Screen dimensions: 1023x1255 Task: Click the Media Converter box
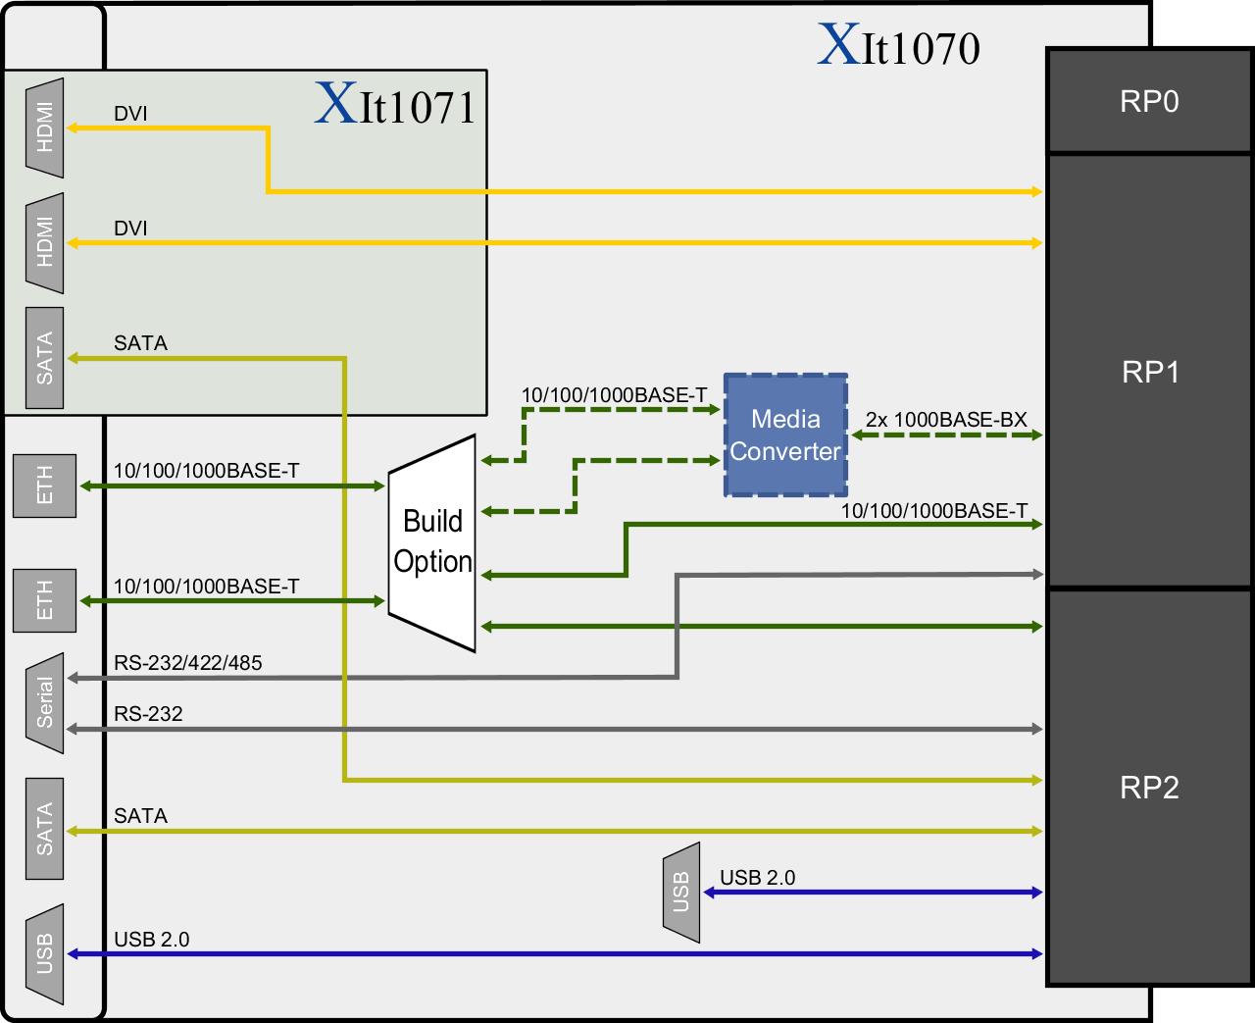(x=785, y=435)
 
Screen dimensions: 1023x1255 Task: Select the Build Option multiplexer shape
(x=432, y=542)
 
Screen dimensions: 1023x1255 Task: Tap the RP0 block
(x=1149, y=101)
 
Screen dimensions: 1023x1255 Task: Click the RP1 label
(x=1150, y=372)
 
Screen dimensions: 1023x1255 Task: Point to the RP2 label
(x=1149, y=787)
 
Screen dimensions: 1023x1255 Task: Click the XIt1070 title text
(x=899, y=47)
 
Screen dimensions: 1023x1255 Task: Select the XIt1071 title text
(x=395, y=105)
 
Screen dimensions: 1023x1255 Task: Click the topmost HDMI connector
(x=45, y=128)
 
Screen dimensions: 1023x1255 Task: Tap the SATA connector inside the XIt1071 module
(x=45, y=358)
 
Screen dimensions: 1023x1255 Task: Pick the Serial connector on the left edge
(x=45, y=702)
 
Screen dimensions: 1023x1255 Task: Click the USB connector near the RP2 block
(x=681, y=893)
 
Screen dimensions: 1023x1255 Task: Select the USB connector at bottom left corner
(x=45, y=953)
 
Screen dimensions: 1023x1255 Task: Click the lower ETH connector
(x=45, y=600)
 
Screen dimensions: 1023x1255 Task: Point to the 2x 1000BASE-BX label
(x=945, y=420)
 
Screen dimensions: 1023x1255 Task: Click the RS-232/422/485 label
(x=187, y=663)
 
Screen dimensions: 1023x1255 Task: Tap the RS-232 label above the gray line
(x=148, y=714)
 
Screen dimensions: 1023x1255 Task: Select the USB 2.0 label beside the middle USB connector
(x=757, y=878)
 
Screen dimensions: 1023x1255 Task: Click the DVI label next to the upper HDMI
(x=130, y=114)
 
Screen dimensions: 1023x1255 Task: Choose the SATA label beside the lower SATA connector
(x=140, y=816)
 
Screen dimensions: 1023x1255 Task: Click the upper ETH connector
(x=45, y=486)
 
